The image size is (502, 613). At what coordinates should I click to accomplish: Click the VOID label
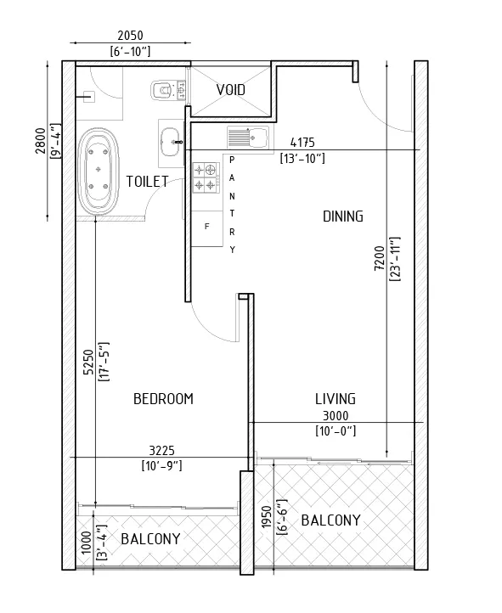coord(231,90)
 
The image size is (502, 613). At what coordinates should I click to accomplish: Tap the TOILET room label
coord(147,181)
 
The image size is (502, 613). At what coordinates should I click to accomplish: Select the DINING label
coord(342,217)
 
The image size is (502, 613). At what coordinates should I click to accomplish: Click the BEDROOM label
coord(164,399)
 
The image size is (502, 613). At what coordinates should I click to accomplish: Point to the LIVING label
coord(335,398)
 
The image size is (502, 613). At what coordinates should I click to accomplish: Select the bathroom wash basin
coord(171,138)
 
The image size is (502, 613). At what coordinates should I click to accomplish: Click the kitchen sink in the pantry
coord(247,136)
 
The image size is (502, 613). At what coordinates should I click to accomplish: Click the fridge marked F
coord(206,227)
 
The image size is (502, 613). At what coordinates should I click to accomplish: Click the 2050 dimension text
coord(130,37)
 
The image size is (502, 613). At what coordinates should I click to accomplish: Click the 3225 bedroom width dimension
coord(161,450)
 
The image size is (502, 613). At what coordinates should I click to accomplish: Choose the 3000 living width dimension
coord(335,416)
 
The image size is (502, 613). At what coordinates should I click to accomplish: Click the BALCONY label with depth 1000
coord(150,539)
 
